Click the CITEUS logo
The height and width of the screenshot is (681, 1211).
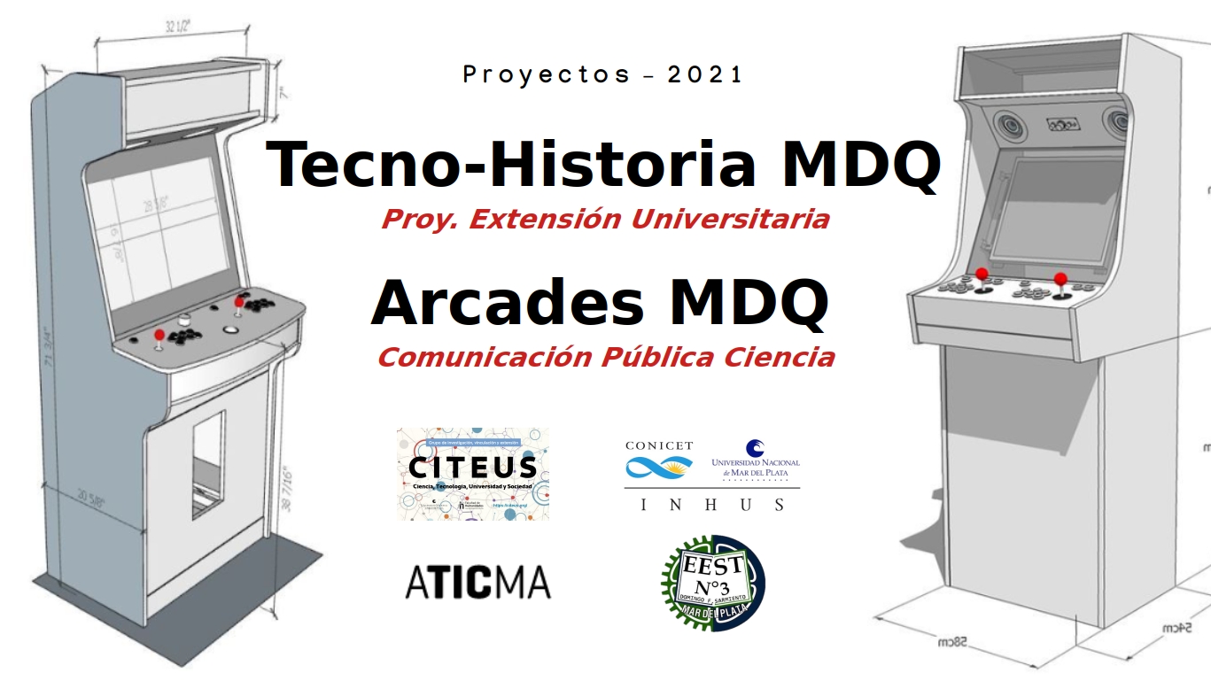tap(472, 473)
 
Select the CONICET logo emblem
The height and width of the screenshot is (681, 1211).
tap(659, 466)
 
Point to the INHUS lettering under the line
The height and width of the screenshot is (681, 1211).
tap(712, 505)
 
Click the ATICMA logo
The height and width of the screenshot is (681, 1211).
tap(477, 583)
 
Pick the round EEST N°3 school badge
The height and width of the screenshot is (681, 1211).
tap(713, 584)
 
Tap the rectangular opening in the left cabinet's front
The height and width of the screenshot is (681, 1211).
tap(209, 464)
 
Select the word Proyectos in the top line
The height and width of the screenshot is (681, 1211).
tap(547, 75)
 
